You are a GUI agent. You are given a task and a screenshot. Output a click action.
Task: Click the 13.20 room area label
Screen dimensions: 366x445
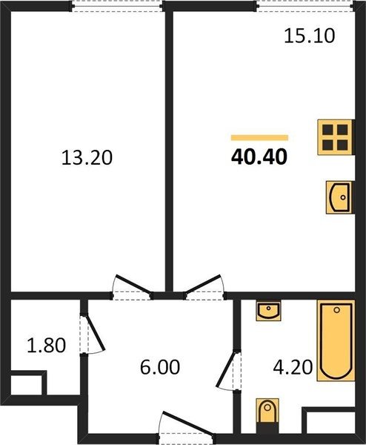(x=87, y=157)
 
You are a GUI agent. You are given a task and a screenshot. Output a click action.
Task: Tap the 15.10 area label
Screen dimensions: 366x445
(x=309, y=36)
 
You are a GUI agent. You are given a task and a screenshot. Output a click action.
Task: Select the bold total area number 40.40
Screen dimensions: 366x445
(x=259, y=157)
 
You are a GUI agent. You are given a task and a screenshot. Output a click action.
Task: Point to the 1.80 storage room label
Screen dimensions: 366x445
(x=46, y=345)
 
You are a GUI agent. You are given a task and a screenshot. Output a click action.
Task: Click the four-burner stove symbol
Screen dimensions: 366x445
(x=336, y=137)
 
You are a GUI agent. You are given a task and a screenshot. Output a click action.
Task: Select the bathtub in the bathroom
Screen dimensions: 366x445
(x=336, y=340)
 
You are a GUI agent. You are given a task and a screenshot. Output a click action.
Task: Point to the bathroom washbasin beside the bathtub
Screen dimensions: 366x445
(x=268, y=311)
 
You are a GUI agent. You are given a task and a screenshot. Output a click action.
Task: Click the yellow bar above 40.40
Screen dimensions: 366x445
(x=260, y=138)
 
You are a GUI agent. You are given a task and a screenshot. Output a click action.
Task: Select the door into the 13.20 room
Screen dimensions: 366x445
(x=131, y=286)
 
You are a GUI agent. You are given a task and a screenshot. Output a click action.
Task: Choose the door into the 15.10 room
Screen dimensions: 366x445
(x=204, y=286)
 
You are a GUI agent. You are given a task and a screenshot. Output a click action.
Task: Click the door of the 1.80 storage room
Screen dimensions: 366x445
(x=92, y=334)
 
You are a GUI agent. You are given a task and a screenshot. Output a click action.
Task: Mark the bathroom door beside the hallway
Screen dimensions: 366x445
(x=228, y=371)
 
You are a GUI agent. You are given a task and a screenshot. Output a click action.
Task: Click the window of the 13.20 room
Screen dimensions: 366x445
(x=117, y=6)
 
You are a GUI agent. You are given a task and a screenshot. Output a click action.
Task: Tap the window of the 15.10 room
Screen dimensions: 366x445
(x=305, y=6)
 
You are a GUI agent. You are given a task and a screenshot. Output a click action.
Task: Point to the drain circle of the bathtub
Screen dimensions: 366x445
(x=336, y=310)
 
